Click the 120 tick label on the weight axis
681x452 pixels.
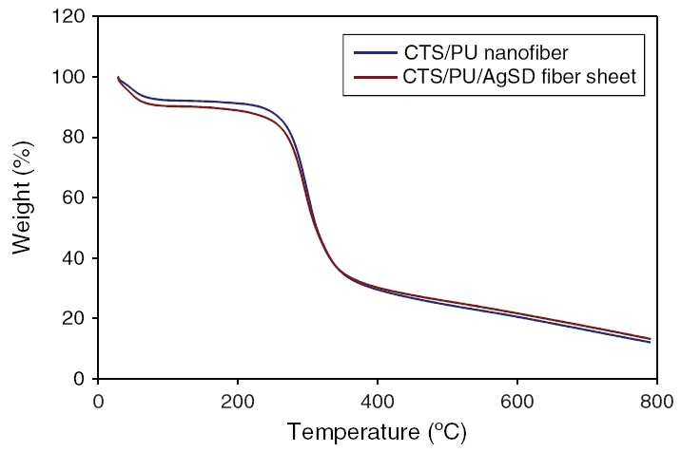pos(68,17)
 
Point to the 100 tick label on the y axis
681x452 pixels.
pos(68,77)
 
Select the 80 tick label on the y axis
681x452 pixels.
pos(74,138)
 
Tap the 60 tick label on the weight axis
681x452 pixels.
pos(74,198)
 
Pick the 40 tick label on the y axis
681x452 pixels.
pos(74,258)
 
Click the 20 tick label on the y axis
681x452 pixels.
pos(74,318)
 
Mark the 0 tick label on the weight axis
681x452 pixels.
pos(80,379)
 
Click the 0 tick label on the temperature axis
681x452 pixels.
pos(99,402)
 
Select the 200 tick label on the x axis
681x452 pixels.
pos(238,402)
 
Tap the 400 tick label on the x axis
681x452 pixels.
pos(378,402)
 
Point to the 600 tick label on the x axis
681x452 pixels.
pos(517,402)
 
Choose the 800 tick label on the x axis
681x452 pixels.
pos(657,402)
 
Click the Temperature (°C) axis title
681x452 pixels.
pos(377,432)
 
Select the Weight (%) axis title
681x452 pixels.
pos(22,198)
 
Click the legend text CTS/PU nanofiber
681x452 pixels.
pos(486,53)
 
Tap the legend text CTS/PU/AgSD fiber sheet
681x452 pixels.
pos(519,77)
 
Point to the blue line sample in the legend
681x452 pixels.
pos(376,53)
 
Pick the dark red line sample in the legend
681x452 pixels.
pos(376,77)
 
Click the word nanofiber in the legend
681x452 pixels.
pos(526,53)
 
